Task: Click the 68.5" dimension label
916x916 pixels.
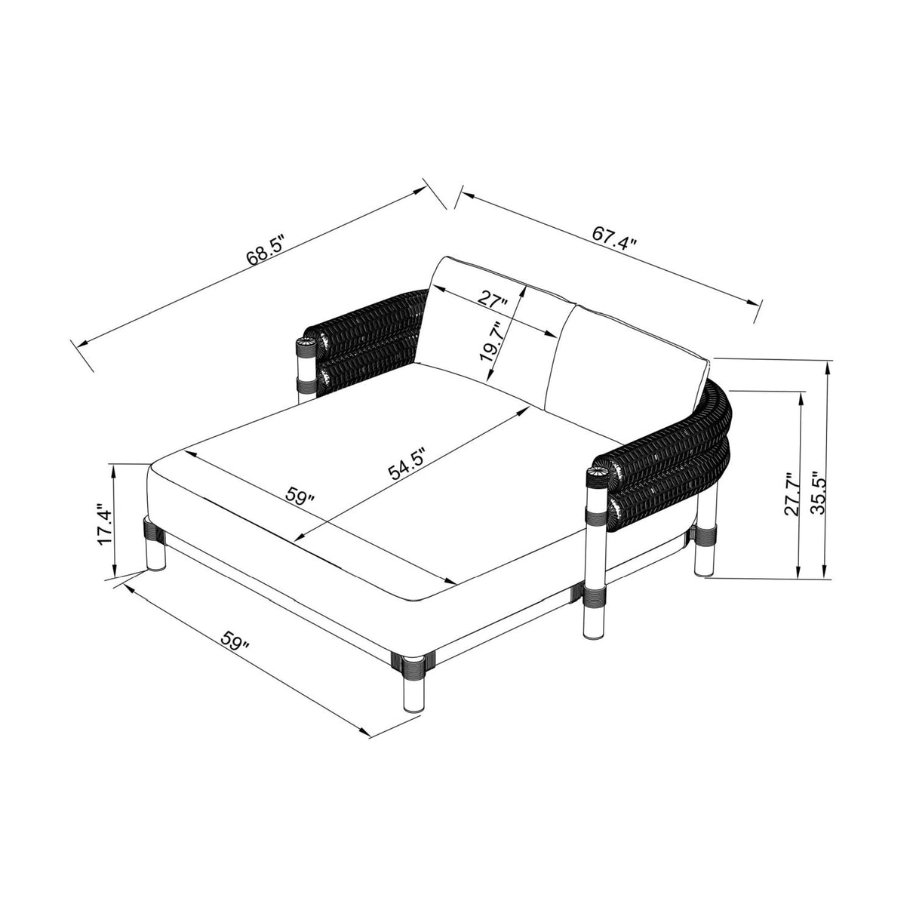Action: tap(265, 249)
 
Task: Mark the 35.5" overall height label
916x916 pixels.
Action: tap(818, 493)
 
